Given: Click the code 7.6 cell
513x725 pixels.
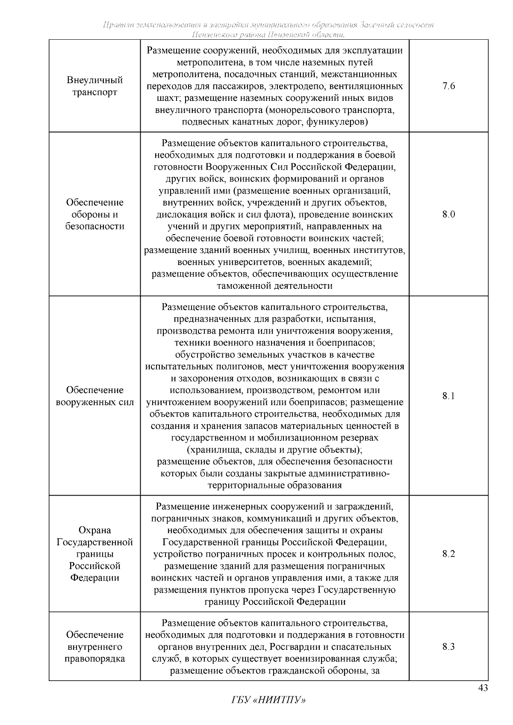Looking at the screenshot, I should tap(448, 86).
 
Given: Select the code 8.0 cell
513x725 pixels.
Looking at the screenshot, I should tap(448, 214).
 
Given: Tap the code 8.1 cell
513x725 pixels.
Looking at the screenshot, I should tap(448, 396).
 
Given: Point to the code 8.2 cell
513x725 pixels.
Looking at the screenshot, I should tap(448, 554).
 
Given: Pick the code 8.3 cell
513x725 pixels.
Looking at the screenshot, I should tap(448, 646).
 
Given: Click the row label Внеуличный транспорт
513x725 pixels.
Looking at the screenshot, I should tap(94, 86).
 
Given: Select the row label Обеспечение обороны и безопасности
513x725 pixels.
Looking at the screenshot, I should tap(94, 214).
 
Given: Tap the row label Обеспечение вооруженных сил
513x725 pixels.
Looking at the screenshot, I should tap(94, 396).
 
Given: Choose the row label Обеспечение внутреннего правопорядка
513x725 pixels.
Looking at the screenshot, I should tap(94, 646).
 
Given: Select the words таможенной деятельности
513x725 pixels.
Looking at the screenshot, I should tap(275, 286).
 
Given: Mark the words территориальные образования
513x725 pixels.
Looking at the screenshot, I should tap(275, 485).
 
